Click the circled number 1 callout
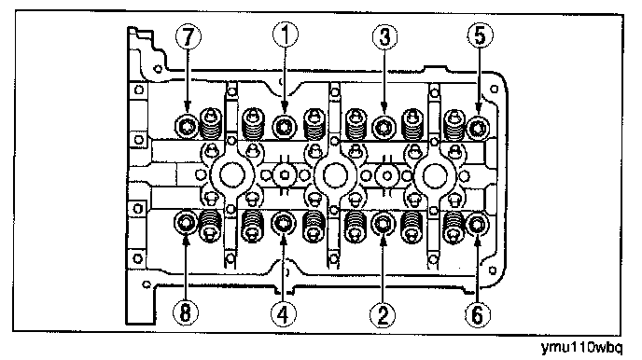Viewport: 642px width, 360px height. coord(286,35)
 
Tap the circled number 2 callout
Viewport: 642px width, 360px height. coord(384,314)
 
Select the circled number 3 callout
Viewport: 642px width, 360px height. coord(384,36)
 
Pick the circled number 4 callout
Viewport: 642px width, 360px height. coord(284,314)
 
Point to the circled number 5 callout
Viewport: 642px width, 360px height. coord(481,35)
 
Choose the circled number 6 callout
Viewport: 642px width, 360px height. coord(478,314)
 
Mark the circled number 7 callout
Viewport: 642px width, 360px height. coord(188,36)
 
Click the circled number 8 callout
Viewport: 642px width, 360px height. coord(186,313)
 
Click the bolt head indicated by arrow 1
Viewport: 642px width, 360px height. coord(285,127)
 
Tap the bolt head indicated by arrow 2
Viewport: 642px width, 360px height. coord(383,224)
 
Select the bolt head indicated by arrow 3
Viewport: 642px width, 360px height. coord(384,128)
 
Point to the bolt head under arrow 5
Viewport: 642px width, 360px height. coord(478,128)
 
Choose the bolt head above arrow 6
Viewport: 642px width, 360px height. coord(478,224)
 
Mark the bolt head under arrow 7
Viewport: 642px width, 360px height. coord(187,127)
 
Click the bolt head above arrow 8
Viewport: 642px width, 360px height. coord(186,223)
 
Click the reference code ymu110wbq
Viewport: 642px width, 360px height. coord(581,348)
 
